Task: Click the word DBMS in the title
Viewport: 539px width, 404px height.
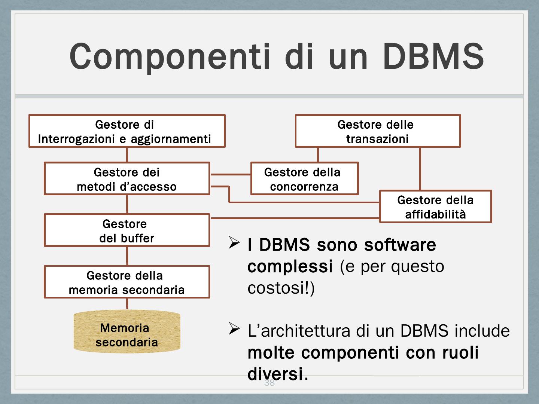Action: pos(433,56)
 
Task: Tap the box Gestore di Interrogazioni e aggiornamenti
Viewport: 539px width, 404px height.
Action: pos(127,131)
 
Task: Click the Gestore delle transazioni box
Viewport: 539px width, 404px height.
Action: pos(378,131)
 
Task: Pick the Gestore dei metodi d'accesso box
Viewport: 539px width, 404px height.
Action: pos(127,178)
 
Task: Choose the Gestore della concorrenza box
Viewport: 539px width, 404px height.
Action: pos(304,178)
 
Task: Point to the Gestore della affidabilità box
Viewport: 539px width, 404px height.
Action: pos(435,206)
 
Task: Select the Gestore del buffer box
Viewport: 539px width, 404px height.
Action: pos(127,230)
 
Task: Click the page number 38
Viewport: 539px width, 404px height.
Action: pos(269,383)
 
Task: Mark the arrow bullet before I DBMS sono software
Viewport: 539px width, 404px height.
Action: pos(234,243)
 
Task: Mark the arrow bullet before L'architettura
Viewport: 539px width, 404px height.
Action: pos(234,329)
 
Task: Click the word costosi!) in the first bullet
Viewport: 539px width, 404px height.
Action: pos(281,288)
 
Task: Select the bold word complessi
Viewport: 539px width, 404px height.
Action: pos(290,267)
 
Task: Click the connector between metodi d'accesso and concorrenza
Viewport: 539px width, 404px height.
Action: pos(230,174)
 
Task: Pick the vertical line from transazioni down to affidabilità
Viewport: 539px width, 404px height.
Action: pos(420,168)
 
